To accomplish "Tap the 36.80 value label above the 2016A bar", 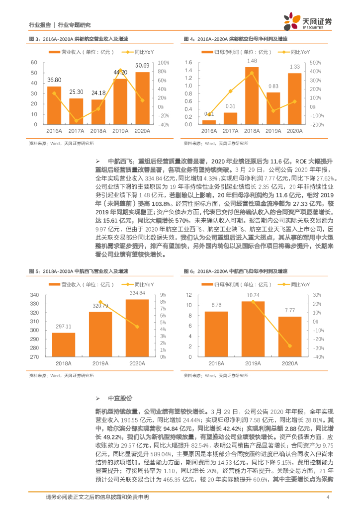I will [54, 80].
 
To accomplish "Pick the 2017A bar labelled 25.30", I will [76, 111].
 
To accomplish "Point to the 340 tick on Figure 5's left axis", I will [34, 294].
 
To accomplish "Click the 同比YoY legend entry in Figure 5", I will [135, 284].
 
